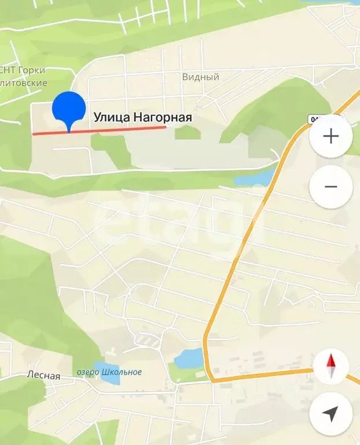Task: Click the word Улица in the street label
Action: tap(112, 118)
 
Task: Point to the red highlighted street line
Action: tap(116, 130)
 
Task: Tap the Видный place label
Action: tap(200, 76)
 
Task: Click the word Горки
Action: tap(32, 71)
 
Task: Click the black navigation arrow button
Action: tap(331, 414)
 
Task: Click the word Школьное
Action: tap(122, 372)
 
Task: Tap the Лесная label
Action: tap(43, 375)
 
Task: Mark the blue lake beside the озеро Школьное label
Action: tap(189, 358)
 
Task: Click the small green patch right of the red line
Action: tap(187, 133)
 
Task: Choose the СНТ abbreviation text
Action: tap(7, 71)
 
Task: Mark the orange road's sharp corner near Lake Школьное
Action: tap(212, 380)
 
